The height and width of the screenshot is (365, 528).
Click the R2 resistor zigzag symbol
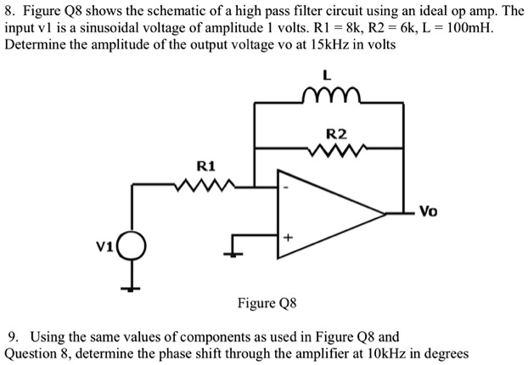pos(338,150)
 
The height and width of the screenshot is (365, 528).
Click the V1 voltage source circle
pos(132,248)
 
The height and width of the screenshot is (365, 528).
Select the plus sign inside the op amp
pos(288,239)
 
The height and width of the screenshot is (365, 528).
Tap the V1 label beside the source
pos(105,246)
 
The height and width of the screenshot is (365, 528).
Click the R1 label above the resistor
pos(205,165)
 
